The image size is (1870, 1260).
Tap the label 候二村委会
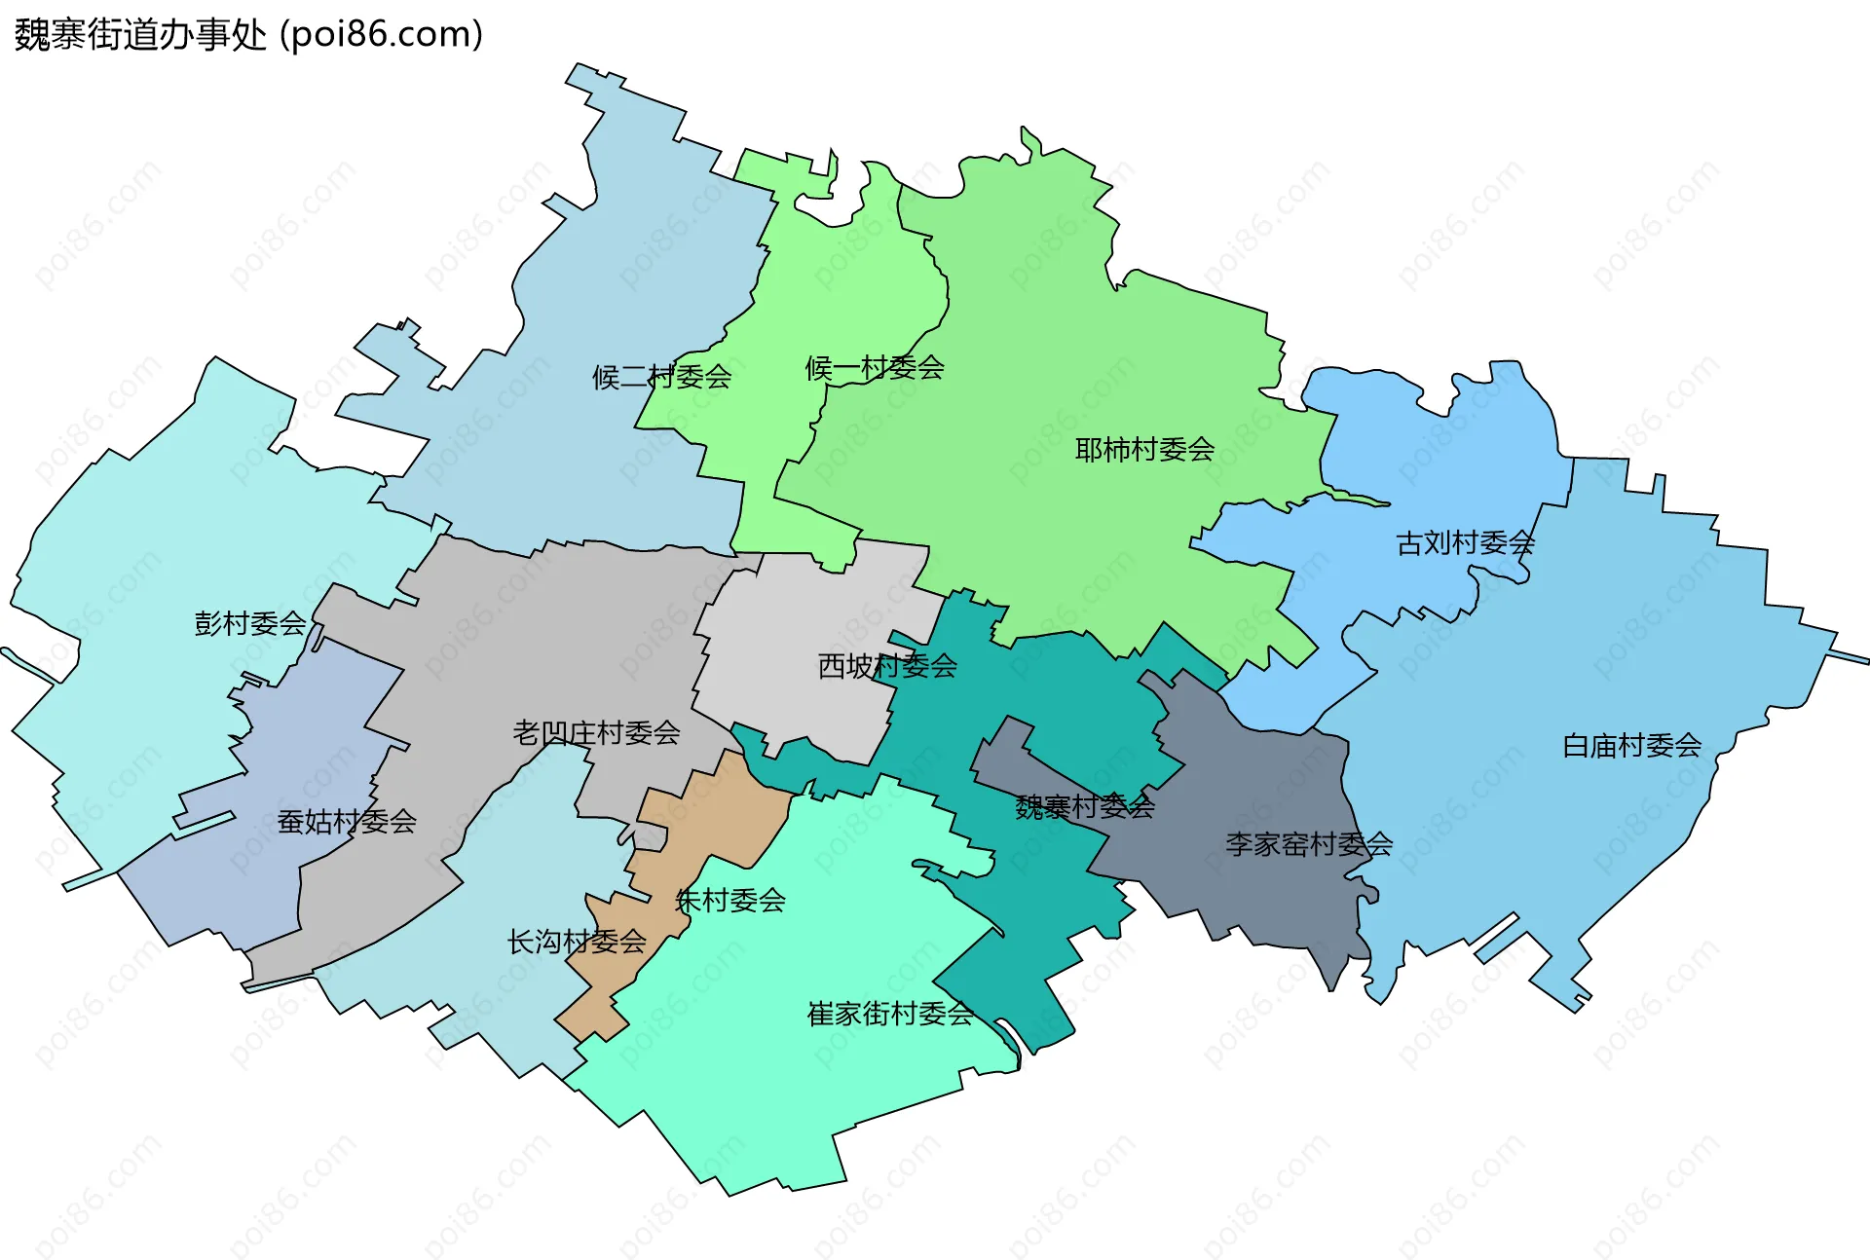[x=661, y=377]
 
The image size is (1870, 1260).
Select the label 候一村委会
[x=874, y=368]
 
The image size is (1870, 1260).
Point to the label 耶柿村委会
[x=1144, y=450]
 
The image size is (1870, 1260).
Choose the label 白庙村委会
[x=1631, y=746]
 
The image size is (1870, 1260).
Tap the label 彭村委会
[x=250, y=623]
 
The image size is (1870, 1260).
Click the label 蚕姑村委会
[x=347, y=822]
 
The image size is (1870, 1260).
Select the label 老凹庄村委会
[x=596, y=732]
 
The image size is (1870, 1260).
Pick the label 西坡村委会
[x=887, y=666]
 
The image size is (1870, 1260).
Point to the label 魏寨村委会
[x=1084, y=806]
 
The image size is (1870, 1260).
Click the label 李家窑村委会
[x=1308, y=844]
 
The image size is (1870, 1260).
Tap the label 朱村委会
[x=730, y=901]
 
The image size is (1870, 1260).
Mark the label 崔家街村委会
[x=889, y=1015]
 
